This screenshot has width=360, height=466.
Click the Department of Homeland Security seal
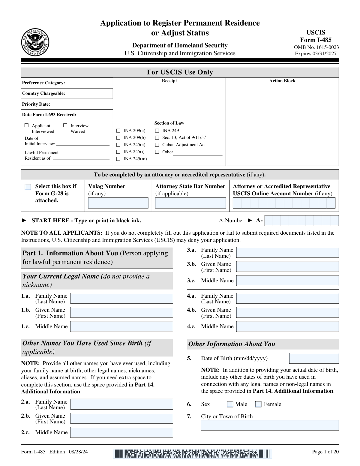[x=35, y=43]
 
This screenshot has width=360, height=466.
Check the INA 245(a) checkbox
[x=118, y=145]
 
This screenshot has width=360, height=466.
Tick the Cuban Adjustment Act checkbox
[x=157, y=145]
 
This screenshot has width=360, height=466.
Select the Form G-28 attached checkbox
[x=28, y=187]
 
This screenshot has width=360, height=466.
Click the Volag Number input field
[x=118, y=203]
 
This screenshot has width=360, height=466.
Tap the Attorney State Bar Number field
[x=190, y=203]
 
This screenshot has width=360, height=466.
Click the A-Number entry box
[x=301, y=221]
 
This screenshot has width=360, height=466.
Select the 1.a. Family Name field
[x=121, y=298]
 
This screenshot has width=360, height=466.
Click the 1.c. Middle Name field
[x=121, y=326]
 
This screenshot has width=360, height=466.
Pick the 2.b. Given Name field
[x=121, y=418]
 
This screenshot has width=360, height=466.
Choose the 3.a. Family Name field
[x=287, y=252]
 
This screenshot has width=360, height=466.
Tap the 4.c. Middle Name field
[x=287, y=326]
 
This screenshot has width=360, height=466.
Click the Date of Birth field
[x=314, y=358]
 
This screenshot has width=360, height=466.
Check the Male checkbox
[x=230, y=404]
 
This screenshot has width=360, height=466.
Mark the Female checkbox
[x=258, y=404]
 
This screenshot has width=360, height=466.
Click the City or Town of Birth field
[x=270, y=425]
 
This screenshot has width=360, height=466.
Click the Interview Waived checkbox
[x=65, y=125]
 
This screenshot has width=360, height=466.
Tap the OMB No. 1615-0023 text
[x=316, y=47]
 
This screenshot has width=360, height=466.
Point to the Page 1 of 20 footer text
[x=325, y=452]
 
